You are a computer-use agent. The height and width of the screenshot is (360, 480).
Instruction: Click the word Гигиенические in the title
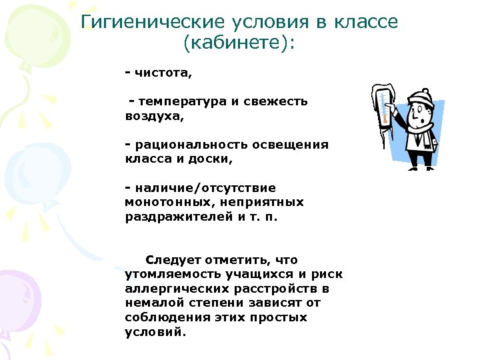pyautogui.click(x=146, y=22)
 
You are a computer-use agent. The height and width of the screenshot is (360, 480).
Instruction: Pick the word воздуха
pyautogui.click(x=153, y=115)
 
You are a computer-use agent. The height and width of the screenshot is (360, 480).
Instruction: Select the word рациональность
pyautogui.click(x=184, y=145)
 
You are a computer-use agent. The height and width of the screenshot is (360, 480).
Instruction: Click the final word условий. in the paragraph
pyautogui.click(x=152, y=332)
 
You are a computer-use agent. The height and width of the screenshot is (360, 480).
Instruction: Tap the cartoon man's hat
pyautogui.click(x=422, y=95)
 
